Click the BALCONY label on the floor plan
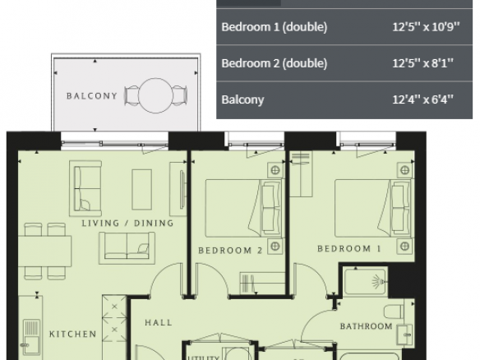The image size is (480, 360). [x=92, y=96]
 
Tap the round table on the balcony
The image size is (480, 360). [x=155, y=95]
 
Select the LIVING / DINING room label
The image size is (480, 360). [x=127, y=224]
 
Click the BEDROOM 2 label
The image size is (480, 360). [x=230, y=251]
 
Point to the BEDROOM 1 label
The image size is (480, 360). [x=349, y=248]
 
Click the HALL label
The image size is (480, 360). [x=159, y=322]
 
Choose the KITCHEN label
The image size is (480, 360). [x=73, y=334]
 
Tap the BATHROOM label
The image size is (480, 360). [x=366, y=326]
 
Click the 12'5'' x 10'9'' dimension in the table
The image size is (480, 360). [x=426, y=27]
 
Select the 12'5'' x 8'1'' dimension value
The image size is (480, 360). [x=422, y=63]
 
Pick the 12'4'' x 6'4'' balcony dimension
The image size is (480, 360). [x=422, y=99]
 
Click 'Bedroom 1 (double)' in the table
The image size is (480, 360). [x=275, y=27]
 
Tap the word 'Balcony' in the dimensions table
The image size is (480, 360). [x=242, y=99]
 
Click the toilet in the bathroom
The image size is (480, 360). [x=394, y=312]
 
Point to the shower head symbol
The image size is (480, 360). [x=380, y=281]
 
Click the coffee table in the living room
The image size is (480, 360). [x=141, y=190]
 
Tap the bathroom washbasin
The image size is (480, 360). [x=404, y=335]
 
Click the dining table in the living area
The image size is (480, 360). [x=44, y=251]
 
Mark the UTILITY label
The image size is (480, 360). [x=204, y=358]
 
